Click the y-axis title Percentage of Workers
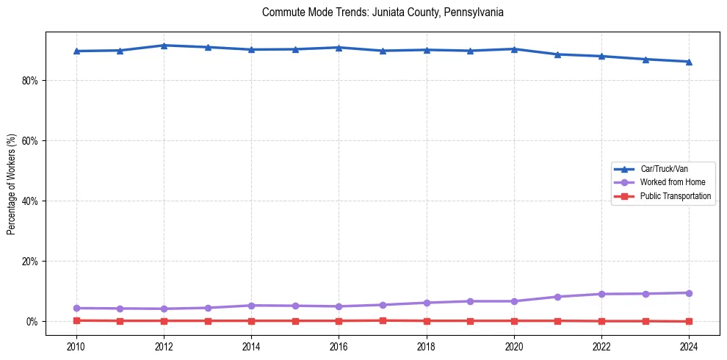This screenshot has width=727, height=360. pyautogui.click(x=11, y=184)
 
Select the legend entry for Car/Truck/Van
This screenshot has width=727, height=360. pyautogui.click(x=664, y=169)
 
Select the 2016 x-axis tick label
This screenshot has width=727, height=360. pyautogui.click(x=339, y=345)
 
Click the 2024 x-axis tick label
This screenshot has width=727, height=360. pyautogui.click(x=689, y=345)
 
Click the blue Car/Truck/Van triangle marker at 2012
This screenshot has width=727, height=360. pyautogui.click(x=164, y=46)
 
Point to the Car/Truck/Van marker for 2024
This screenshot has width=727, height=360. pyautogui.click(x=689, y=62)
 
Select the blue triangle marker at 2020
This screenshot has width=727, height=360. pyautogui.click(x=514, y=49)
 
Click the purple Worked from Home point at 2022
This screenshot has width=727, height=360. pyautogui.click(x=601, y=294)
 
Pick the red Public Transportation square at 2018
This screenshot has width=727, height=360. pyautogui.click(x=427, y=321)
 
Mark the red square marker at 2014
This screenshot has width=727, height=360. pyautogui.click(x=251, y=321)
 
